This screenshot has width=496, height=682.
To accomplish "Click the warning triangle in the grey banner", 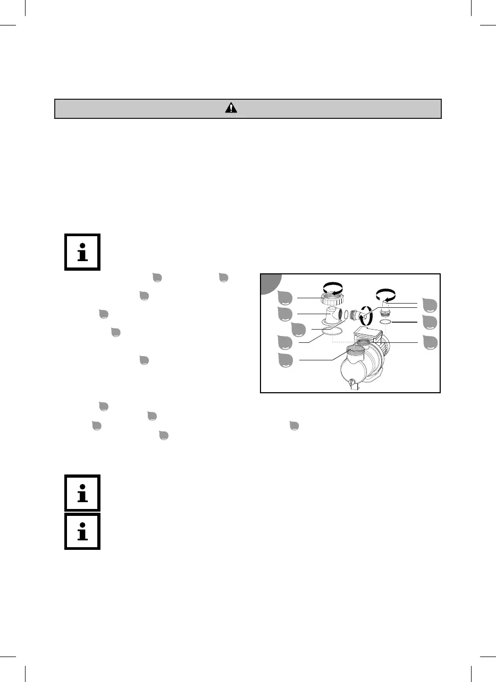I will (x=231, y=108).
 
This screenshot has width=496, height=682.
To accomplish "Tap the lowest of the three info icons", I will (x=82, y=531).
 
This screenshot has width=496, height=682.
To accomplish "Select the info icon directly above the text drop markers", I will (x=82, y=252).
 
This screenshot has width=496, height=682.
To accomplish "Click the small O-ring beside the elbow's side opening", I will (x=346, y=315).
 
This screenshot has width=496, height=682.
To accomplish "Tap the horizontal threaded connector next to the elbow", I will (x=356, y=313).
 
